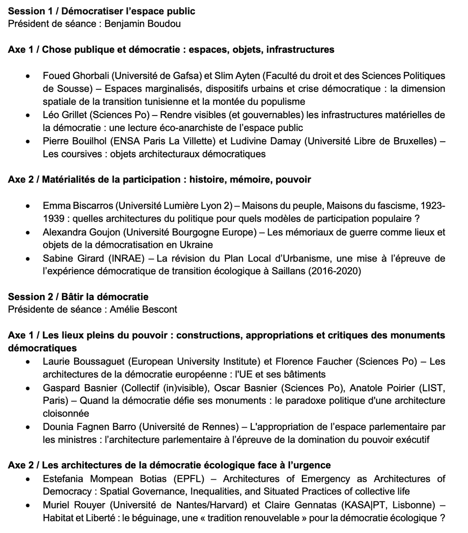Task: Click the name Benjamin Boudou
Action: (143, 24)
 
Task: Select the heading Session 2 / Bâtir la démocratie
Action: (78, 297)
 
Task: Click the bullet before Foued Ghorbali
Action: (28, 76)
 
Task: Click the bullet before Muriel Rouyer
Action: (28, 505)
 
